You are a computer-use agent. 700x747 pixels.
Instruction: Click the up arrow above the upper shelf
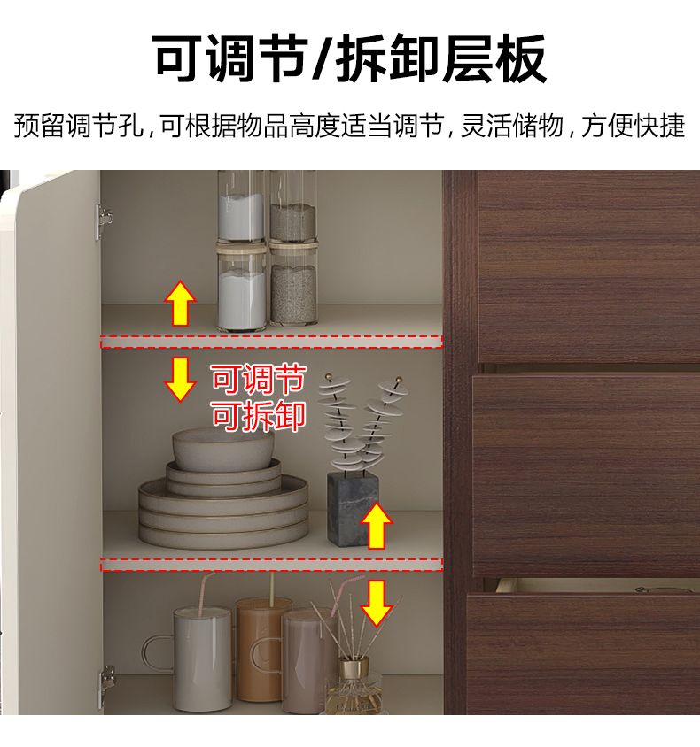point(180,304)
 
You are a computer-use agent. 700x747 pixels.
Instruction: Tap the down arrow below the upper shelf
point(180,380)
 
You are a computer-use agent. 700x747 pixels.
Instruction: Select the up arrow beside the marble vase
point(377,526)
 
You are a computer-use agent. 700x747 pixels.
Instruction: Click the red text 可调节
point(258,379)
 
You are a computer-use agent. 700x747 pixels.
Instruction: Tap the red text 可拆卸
point(258,416)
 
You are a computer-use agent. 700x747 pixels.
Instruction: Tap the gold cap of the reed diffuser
point(354,667)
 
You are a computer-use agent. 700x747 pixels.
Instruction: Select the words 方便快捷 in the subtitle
point(633,126)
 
